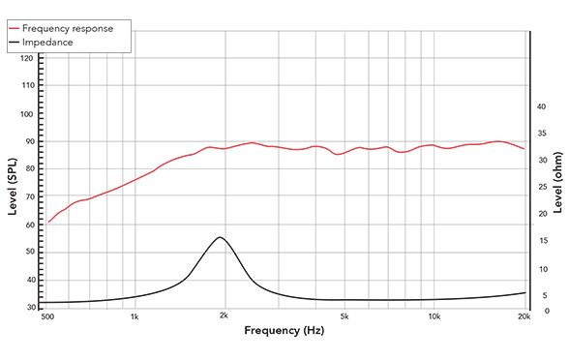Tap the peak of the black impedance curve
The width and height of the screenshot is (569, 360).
click(x=220, y=237)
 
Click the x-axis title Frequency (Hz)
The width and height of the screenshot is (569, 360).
click(x=284, y=331)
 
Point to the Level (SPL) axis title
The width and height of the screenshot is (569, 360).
click(x=13, y=185)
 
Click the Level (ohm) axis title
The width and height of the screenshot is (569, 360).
click(x=556, y=185)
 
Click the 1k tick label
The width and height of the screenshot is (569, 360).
click(x=135, y=316)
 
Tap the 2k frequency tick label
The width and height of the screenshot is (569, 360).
click(x=224, y=316)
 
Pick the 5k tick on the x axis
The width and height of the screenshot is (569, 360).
click(x=344, y=316)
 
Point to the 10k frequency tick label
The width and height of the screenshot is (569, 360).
click(x=434, y=316)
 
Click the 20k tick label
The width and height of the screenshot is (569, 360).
click(x=524, y=316)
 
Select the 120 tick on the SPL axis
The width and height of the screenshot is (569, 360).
click(x=26, y=59)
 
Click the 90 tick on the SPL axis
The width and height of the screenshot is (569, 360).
click(x=28, y=141)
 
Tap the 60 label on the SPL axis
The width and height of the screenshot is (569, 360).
click(x=28, y=225)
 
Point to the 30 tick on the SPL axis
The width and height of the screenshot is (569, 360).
click(x=28, y=308)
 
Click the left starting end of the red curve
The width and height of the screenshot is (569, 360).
click(x=49, y=222)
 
